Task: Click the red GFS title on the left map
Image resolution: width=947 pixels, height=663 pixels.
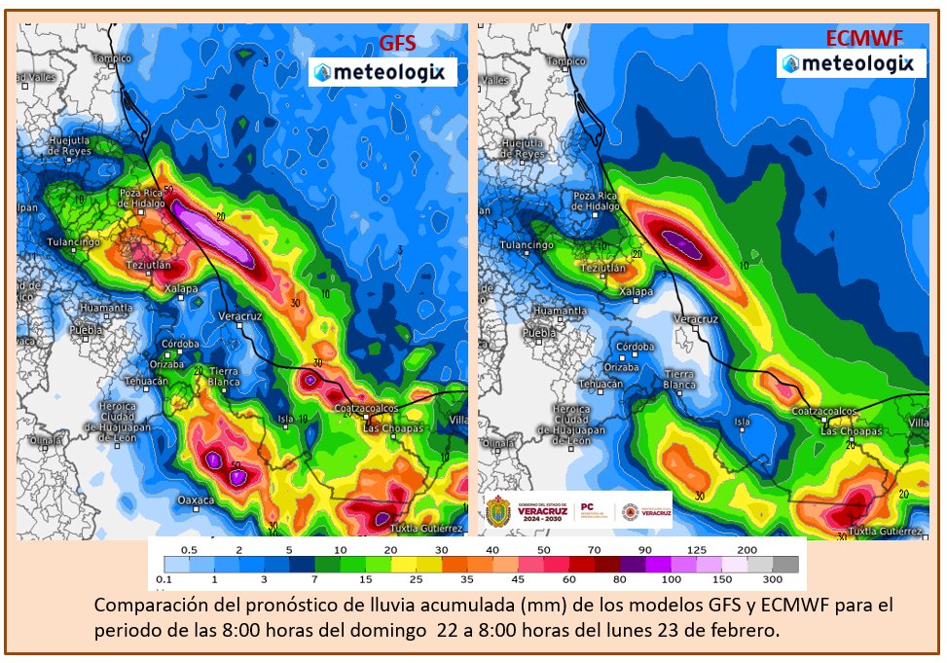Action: coord(397,43)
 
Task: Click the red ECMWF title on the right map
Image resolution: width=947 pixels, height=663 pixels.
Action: coord(863,39)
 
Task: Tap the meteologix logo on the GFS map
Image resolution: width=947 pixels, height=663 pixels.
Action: coord(382,72)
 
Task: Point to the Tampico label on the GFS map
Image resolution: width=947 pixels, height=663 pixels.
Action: coord(111,58)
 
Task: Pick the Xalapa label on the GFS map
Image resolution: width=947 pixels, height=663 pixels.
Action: coord(180,289)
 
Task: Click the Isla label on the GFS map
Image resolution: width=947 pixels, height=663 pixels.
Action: coord(286,420)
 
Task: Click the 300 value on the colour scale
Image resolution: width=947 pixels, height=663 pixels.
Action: coord(785,581)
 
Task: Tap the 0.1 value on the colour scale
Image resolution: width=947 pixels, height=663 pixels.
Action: coord(164,581)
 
